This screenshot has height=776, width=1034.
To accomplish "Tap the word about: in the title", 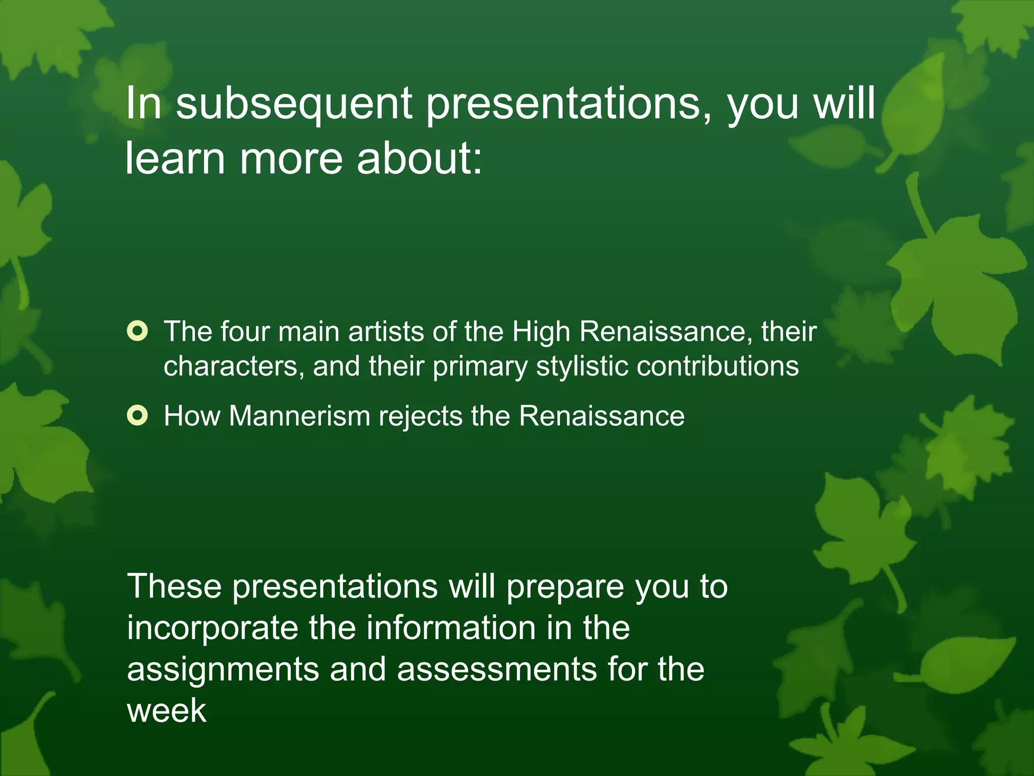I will pyautogui.click(x=420, y=158).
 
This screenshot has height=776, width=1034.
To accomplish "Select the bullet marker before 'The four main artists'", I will pyautogui.click(x=137, y=331).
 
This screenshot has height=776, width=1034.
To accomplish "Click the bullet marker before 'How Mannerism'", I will pyautogui.click(x=137, y=416).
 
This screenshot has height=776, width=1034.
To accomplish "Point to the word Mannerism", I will pyautogui.click(x=299, y=416).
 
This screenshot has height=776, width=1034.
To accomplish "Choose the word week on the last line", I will pyautogui.click(x=167, y=710).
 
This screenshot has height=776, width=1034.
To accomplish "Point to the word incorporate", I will pyautogui.click(x=213, y=628).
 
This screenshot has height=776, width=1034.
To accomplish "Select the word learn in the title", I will pyautogui.click(x=175, y=158).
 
